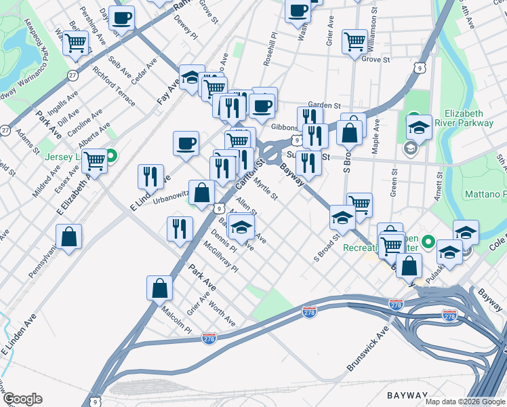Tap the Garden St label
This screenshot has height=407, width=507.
click(x=323, y=105)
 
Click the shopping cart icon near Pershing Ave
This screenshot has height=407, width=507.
click(x=75, y=42)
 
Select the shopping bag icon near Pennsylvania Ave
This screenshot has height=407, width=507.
click(x=68, y=237)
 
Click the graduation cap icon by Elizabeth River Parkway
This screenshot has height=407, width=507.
click(x=419, y=127)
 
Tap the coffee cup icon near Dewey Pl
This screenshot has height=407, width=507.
click(x=122, y=18)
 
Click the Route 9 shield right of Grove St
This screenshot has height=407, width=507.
click(x=422, y=68)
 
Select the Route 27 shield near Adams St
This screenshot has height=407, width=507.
click(x=5, y=130)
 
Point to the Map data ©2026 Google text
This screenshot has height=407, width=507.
click(x=464, y=402)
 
